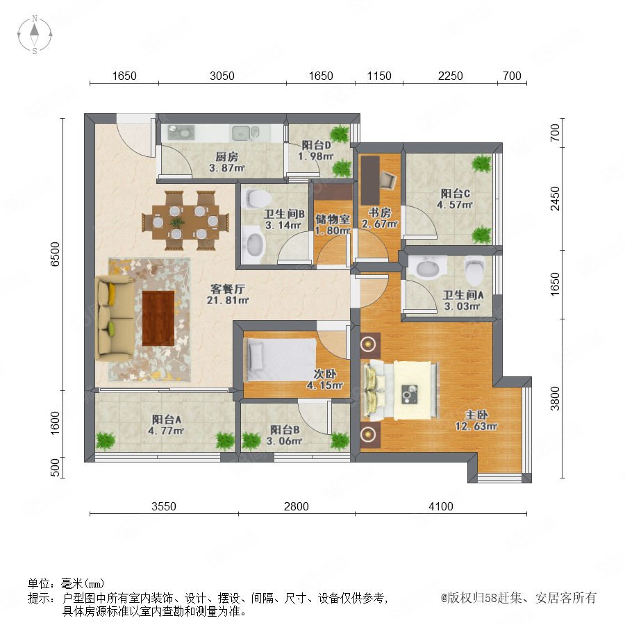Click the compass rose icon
pyautogui.click(x=35, y=35)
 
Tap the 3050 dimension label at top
pyautogui.click(x=222, y=76)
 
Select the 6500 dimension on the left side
pyautogui.click(x=55, y=254)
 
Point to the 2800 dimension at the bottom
pyautogui.click(x=296, y=506)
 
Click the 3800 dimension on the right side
pyautogui.click(x=555, y=398)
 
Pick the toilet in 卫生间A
pyautogui.click(x=474, y=270)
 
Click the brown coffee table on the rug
pyautogui.click(x=158, y=318)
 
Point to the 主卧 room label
pyautogui.click(x=476, y=415)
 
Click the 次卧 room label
pyautogui.click(x=325, y=374)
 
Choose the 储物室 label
pyautogui.click(x=333, y=219)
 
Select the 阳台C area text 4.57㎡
pyautogui.click(x=455, y=205)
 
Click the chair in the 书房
pyautogui.click(x=387, y=180)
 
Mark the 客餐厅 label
pyautogui.click(x=227, y=289)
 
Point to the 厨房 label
pyautogui.click(x=227, y=157)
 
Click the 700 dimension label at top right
pyautogui.click(x=512, y=76)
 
